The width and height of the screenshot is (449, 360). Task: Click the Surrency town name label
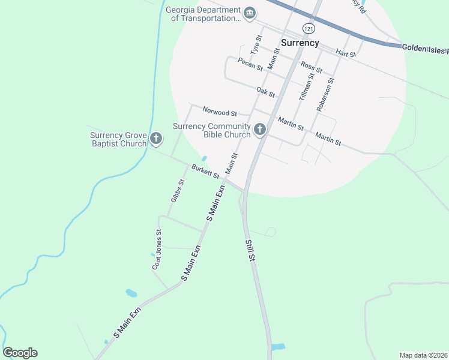(300, 43)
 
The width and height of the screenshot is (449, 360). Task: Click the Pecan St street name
(250, 64)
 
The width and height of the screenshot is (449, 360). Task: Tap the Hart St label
(346, 53)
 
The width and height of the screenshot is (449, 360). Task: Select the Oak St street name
(265, 92)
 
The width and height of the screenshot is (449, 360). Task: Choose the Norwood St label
(220, 112)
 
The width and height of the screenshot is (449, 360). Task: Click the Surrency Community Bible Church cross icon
(260, 130)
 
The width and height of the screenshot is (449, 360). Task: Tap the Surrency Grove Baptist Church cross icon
(156, 139)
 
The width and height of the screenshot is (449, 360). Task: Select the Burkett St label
(206, 171)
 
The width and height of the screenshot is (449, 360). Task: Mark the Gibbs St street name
(177, 190)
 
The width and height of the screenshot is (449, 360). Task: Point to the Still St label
(250, 250)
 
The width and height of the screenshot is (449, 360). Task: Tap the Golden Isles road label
(424, 47)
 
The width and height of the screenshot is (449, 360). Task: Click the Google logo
(20, 353)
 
